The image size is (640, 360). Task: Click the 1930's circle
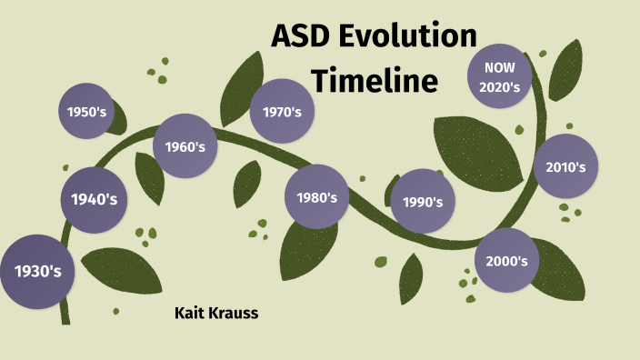[x=36, y=270]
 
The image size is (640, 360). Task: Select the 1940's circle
[x=95, y=198]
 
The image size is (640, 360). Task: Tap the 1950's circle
[x=88, y=112]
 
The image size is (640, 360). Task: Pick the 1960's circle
[x=185, y=145]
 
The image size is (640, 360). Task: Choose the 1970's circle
[x=282, y=111]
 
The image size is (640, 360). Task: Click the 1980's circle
[x=316, y=196]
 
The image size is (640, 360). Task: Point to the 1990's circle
[x=422, y=201]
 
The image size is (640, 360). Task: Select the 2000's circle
[x=506, y=260]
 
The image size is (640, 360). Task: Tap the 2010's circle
[x=565, y=166]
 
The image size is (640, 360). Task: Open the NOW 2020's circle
[x=500, y=77]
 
